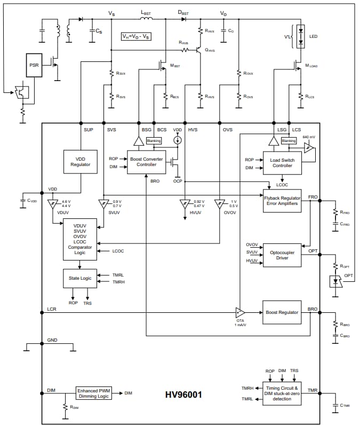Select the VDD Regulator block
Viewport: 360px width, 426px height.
[80, 161]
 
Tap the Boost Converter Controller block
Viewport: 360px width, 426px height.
[146, 162]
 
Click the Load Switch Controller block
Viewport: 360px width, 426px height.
[282, 163]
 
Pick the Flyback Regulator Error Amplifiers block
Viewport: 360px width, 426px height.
[282, 201]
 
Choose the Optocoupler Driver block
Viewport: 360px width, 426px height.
[282, 255]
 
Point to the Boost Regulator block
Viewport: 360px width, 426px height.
[282, 312]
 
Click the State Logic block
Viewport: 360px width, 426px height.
[80, 278]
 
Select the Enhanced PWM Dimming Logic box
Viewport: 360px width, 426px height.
[94, 393]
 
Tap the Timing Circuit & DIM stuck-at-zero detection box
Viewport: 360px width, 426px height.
[282, 393]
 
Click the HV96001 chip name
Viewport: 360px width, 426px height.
[183, 396]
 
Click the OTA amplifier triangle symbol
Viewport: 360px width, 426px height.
[240, 312]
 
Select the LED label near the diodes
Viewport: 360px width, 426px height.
[313, 36]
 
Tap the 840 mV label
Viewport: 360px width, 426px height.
[308, 138]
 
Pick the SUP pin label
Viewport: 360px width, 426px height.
[89, 130]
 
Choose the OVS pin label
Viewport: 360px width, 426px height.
[228, 130]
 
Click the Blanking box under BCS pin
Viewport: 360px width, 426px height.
[154, 141]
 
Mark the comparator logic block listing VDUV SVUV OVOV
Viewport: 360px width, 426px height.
[80, 239]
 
